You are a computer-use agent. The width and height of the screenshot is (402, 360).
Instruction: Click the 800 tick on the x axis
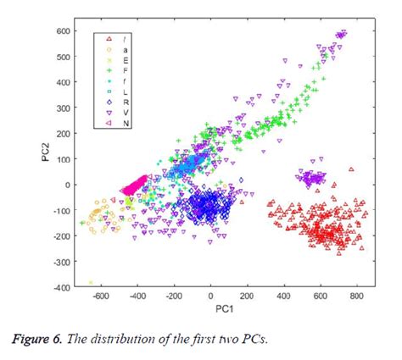click(357, 297)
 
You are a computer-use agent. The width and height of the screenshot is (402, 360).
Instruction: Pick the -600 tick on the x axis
click(101, 297)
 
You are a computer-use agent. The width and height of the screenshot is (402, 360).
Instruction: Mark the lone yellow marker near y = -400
click(92, 282)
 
